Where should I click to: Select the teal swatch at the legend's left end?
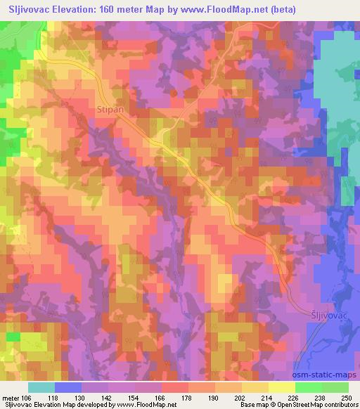coord(41,387)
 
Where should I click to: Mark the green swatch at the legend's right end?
coord(335,387)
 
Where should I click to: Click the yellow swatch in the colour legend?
coord(281,387)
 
